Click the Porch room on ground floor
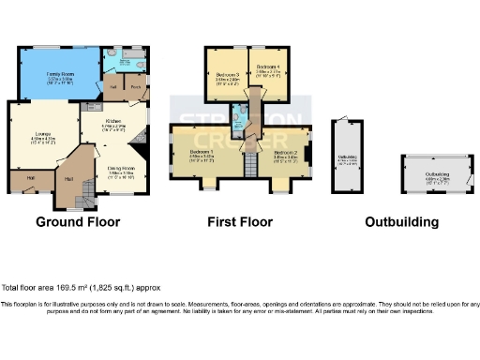click(136, 88)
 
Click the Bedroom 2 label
click(286, 154)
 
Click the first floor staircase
click(249, 168)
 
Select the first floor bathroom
click(241, 119)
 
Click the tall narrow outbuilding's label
click(347, 160)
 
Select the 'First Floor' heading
click(240, 223)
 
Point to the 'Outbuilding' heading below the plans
click(401, 223)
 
